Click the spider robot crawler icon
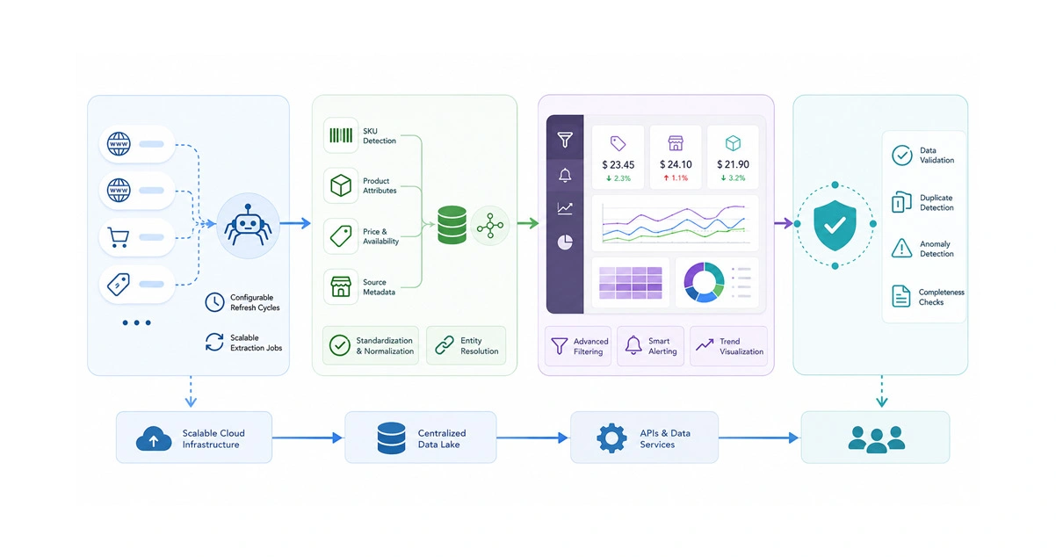pos(248,226)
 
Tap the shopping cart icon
pos(119,237)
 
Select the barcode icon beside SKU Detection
pos(341,135)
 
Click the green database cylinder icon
pos(452,225)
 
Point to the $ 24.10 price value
pos(676,164)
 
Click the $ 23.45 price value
pos(618,164)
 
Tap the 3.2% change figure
pos(733,177)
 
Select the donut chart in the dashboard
pos(704,283)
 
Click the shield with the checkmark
pos(835,225)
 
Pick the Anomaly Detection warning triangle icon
pos(901,248)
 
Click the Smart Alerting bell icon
pos(633,344)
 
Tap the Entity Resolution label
pos(479,345)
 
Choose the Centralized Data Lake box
pos(421,438)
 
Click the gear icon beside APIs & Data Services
pos(611,438)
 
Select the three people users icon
pos(877,439)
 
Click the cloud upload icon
pos(154,438)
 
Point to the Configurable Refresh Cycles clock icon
pos(214,302)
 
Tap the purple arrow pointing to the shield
pos(783,223)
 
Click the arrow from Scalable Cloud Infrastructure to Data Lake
pos(307,438)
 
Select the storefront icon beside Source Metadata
pos(341,286)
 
